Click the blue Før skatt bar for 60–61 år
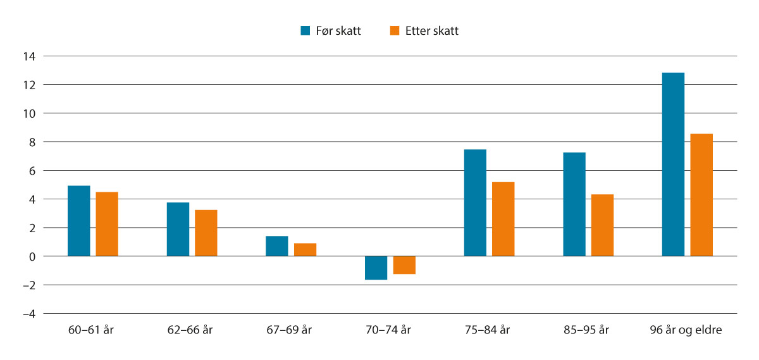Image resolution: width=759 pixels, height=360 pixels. [79, 221]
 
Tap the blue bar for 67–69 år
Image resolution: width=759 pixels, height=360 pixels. [277, 246]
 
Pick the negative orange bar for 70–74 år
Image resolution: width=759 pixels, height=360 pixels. [404, 265]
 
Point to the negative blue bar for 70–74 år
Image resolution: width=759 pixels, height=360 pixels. [376, 268]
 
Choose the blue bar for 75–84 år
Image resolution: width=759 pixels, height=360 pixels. [475, 202]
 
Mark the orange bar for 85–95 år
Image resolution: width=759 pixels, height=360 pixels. [602, 225]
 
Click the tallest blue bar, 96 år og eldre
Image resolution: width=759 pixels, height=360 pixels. [673, 164]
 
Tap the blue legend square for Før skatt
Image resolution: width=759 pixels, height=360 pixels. [305, 30]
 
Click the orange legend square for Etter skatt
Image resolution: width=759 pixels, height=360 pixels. [394, 30]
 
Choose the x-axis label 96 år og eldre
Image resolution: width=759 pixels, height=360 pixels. [686, 330]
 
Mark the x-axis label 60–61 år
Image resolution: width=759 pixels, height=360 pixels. [92, 330]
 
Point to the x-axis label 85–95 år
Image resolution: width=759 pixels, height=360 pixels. [588, 330]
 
